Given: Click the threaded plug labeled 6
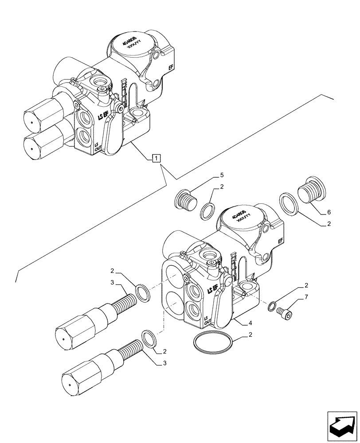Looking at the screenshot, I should click(310, 191).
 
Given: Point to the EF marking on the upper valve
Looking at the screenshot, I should click(170, 67).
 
